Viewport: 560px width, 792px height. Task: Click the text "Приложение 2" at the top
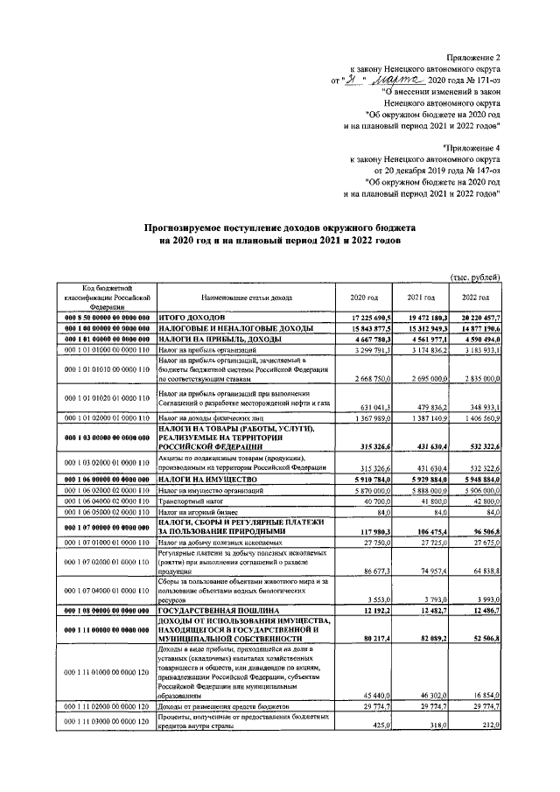pos(474,54)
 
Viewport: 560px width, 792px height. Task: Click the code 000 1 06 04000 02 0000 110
pos(106,500)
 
